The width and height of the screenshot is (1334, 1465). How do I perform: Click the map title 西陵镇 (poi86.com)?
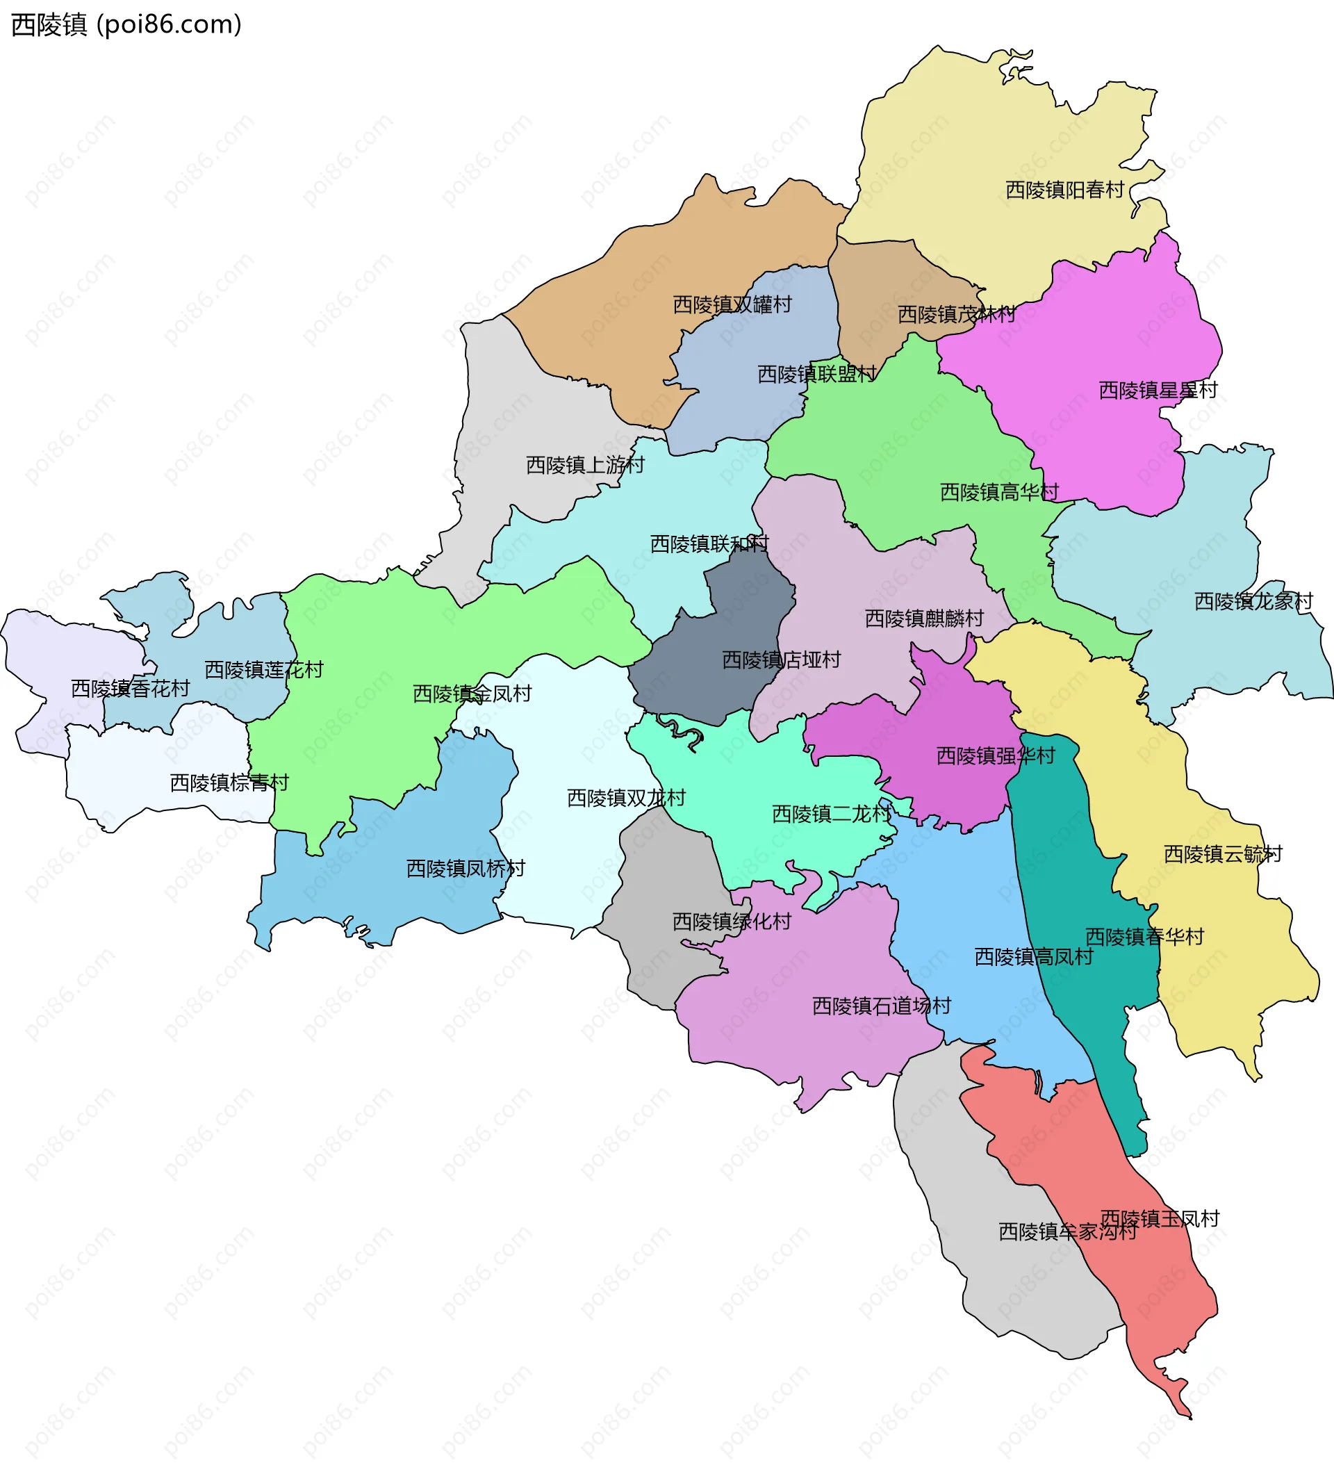coord(126,25)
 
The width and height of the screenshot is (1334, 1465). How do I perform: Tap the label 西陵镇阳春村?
coord(1064,190)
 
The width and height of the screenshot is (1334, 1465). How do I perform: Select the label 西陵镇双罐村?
coord(732,304)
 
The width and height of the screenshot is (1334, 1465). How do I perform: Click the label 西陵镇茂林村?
coord(956,315)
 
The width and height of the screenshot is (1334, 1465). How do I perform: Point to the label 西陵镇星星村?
coord(1158,391)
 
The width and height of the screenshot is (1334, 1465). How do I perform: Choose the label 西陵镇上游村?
coord(585,465)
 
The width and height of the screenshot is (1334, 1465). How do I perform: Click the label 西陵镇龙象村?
coord(1253,602)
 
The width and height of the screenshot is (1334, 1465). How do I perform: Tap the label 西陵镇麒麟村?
coord(923,619)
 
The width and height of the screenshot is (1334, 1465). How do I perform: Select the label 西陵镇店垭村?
coord(781,660)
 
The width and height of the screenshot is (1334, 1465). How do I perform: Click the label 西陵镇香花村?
coord(130,688)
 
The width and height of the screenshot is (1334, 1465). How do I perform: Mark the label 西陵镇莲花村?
coord(264,669)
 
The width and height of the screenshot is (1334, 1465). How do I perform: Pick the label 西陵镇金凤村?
coord(472,694)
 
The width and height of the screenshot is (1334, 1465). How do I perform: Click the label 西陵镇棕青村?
coord(229,783)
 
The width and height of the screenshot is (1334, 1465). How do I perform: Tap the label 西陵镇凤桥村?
coord(465,869)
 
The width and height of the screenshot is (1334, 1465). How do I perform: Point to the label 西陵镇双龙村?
coord(625,798)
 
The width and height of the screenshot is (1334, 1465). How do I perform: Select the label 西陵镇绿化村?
coord(731,922)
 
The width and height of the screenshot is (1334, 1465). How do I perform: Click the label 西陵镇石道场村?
coord(880,1006)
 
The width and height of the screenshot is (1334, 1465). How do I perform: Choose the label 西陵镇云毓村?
coord(1223,854)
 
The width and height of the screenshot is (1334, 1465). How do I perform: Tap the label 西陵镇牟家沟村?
coord(1067,1231)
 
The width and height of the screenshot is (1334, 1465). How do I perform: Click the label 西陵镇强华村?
coord(995,755)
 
